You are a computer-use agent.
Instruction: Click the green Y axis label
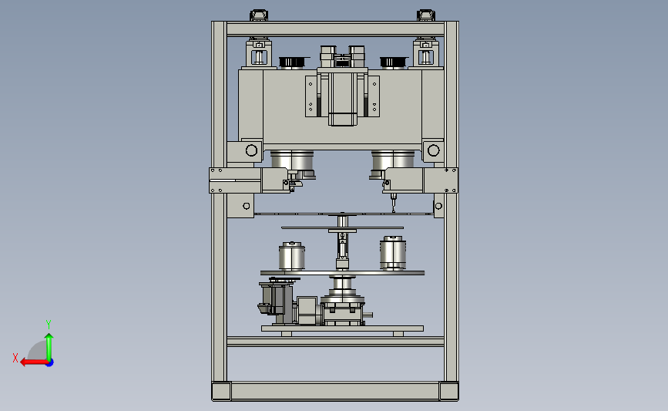49,325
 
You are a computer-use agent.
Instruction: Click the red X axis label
15,358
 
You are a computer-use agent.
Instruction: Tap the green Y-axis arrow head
49,337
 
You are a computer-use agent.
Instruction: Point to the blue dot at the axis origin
50,363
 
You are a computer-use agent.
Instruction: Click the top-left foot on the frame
259,15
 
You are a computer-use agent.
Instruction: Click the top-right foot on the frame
425,15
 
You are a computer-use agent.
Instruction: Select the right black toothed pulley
393,62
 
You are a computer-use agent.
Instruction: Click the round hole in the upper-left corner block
251,150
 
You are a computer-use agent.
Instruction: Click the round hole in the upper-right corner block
433,150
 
